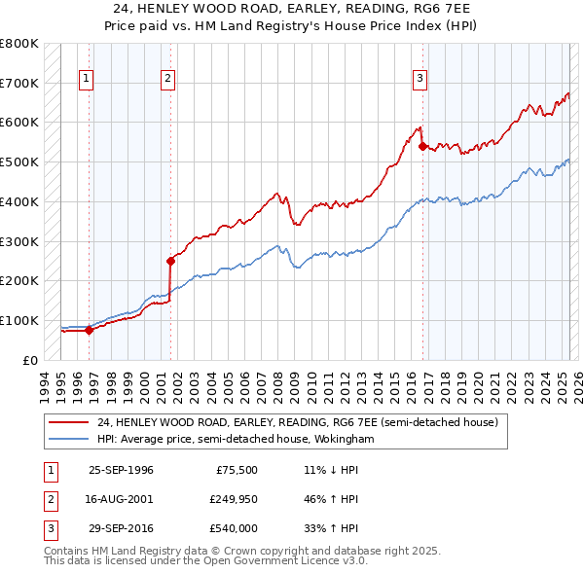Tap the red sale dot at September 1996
89,330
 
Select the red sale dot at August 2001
170,261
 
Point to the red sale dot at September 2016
422,147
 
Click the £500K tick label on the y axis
18,161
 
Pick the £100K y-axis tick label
18,320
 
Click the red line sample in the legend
69,422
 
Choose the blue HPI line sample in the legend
69,440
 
